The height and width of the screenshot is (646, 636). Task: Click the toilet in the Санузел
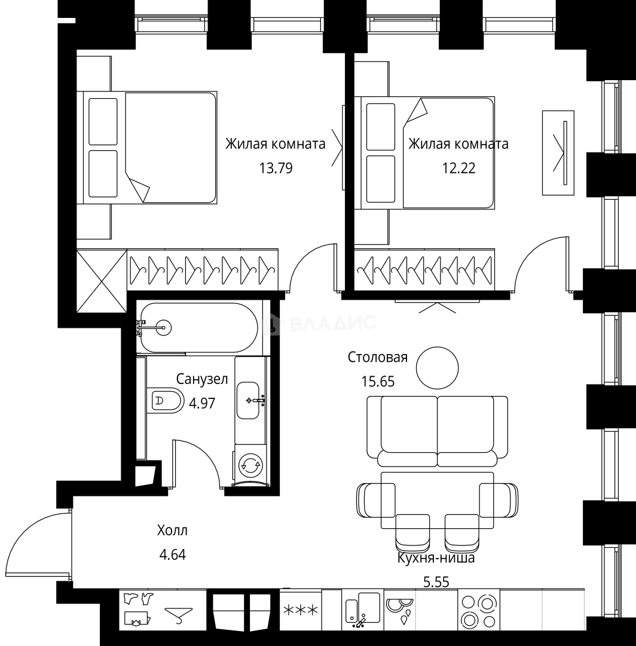click(166, 401)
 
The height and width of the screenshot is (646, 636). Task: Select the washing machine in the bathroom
click(250, 464)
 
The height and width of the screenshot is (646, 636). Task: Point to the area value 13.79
click(276, 168)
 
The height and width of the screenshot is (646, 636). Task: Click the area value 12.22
click(458, 168)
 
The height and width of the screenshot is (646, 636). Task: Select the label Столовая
click(378, 358)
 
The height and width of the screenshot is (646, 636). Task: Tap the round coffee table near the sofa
click(437, 367)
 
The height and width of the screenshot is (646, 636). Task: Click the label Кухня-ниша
click(436, 559)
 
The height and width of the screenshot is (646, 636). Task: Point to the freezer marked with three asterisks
click(301, 610)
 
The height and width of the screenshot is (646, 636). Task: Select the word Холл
click(172, 530)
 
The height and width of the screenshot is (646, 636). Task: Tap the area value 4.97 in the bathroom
click(202, 403)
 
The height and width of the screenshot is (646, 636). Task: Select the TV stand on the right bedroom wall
click(558, 153)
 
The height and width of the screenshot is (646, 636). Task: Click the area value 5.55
click(436, 581)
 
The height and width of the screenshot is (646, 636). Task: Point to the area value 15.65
click(378, 382)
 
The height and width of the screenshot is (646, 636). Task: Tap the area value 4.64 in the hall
click(172, 554)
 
